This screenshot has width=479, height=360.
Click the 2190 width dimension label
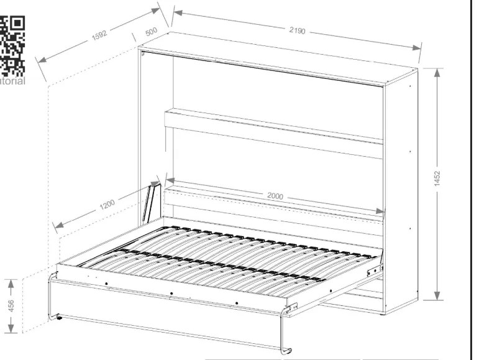297,30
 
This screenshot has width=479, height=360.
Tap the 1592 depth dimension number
100,35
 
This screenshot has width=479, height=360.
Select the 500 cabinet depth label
151,32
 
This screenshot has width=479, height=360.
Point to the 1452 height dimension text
437,178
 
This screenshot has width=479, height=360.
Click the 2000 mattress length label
275,196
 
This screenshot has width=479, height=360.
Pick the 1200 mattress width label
107,205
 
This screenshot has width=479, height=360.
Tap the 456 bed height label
11,306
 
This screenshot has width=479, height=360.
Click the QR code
12,46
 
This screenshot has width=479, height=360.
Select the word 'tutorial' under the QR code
12,81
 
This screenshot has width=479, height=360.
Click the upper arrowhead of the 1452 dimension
437,73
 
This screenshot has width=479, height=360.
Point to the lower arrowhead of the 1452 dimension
437,295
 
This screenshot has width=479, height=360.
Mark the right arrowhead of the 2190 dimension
416,47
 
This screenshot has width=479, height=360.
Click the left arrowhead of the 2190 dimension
178,13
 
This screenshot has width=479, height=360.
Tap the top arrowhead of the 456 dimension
11,284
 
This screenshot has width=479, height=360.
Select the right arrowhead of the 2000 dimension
380,211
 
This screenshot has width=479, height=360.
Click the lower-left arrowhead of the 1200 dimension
58,225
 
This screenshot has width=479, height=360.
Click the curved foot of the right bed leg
286,351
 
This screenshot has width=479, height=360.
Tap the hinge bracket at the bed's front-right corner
292,307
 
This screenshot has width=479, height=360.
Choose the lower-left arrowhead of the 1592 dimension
42,60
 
